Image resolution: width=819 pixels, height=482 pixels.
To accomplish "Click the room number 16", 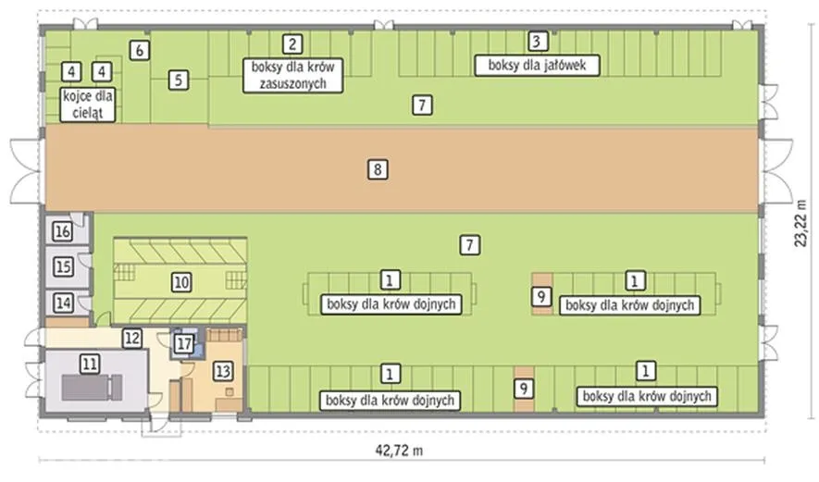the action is [63, 230].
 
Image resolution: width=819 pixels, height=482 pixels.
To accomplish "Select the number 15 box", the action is [63, 266].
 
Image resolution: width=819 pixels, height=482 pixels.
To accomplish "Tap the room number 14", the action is [63, 303].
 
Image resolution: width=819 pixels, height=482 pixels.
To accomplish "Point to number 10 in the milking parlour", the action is [181, 282].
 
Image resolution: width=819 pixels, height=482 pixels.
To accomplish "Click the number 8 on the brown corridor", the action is [378, 169].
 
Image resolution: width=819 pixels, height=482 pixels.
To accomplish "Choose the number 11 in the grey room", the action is [90, 364].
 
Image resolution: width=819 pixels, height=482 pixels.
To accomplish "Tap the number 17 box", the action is [183, 343].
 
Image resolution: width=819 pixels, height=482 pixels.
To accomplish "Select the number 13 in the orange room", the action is [222, 371].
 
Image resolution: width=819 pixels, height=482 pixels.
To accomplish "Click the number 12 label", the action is [132, 339].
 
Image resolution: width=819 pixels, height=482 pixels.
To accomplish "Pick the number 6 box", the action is [140, 51].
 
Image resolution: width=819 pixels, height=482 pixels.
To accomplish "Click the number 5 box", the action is [178, 80].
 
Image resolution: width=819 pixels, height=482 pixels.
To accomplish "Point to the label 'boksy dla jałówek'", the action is [537, 66].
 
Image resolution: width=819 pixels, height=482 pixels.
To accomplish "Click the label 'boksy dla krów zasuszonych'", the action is [293, 76].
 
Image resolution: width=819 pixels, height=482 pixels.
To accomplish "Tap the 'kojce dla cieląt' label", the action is [88, 105].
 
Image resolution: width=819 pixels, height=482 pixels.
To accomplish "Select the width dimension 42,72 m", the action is [399, 451].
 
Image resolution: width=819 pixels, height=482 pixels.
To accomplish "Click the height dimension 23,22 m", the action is [800, 223].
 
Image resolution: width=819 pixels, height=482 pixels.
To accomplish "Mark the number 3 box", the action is [537, 42].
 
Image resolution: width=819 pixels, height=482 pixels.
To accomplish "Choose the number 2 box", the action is [292, 43].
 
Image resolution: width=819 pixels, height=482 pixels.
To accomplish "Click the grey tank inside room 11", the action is [93, 388].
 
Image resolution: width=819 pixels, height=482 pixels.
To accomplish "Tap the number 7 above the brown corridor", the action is [422, 105].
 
